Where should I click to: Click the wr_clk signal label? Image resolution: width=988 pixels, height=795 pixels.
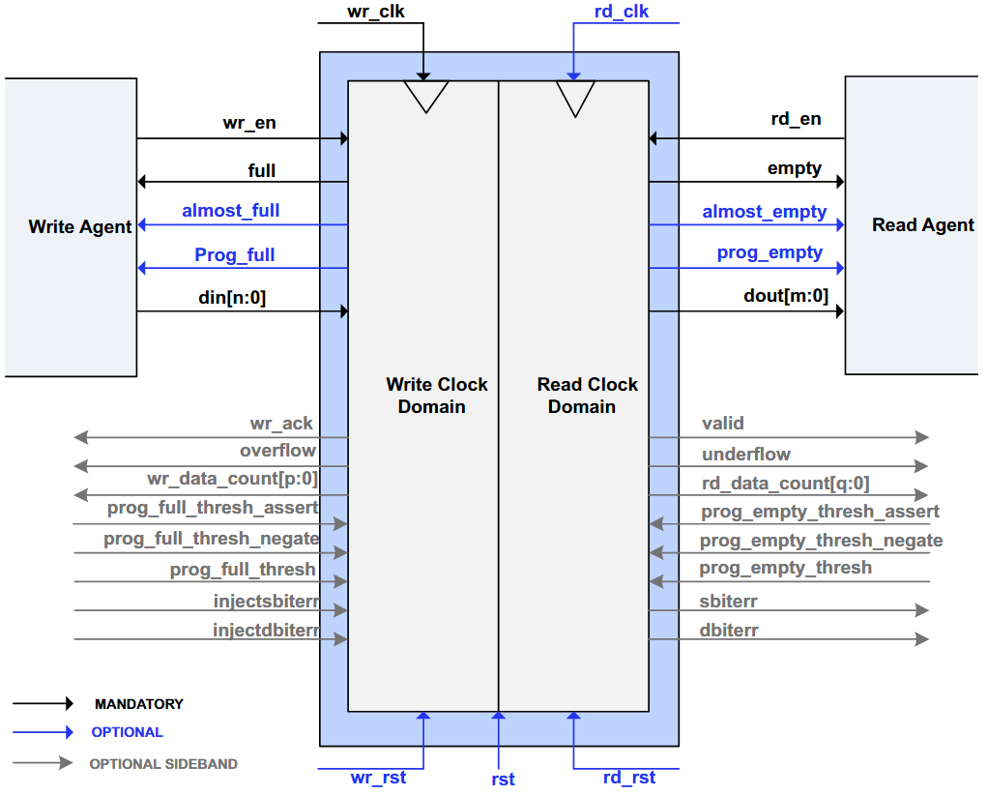point(375,12)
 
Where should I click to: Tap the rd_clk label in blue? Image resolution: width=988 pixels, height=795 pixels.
point(622,12)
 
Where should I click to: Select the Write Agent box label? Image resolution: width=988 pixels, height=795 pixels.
point(80,227)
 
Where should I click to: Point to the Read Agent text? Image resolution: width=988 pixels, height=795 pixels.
point(923,225)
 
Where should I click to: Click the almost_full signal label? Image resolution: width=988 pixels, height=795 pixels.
point(231,211)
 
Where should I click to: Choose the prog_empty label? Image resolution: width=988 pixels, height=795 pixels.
point(770,252)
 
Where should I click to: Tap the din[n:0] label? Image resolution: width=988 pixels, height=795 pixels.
point(232,297)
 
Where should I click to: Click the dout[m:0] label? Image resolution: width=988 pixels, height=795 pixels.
point(786,296)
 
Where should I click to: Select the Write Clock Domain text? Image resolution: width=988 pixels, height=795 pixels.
point(436,396)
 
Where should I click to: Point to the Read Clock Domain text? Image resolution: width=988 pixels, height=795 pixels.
point(587,396)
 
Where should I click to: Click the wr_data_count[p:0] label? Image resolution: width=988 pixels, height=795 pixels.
point(232,479)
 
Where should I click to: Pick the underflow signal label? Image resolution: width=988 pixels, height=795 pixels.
point(746,455)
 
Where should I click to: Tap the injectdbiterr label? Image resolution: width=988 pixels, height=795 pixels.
point(266,630)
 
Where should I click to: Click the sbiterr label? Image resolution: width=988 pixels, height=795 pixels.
point(728,602)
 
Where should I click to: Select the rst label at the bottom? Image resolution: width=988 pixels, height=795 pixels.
point(503,780)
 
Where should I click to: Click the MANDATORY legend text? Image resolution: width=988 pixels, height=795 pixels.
point(138,704)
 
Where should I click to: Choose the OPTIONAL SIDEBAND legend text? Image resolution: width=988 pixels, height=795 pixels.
point(163,764)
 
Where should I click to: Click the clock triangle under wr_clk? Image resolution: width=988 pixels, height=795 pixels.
point(426,97)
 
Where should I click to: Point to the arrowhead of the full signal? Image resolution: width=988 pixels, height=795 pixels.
point(142,182)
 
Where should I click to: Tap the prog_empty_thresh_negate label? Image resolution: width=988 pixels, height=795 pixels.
point(821,541)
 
